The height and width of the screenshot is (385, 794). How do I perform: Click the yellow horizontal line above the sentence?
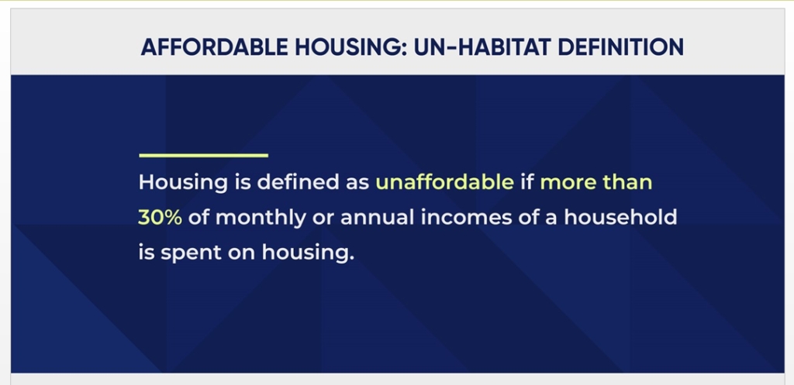point(204,155)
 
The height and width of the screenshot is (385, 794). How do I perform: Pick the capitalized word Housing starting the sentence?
point(183,183)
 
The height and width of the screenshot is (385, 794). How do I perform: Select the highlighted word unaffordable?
point(444,181)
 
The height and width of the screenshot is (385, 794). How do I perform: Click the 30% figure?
point(160,217)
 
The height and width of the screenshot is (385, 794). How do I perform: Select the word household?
point(620,217)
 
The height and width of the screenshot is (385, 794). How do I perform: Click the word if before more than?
point(527,181)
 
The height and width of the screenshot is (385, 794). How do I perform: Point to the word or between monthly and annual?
point(323,218)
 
